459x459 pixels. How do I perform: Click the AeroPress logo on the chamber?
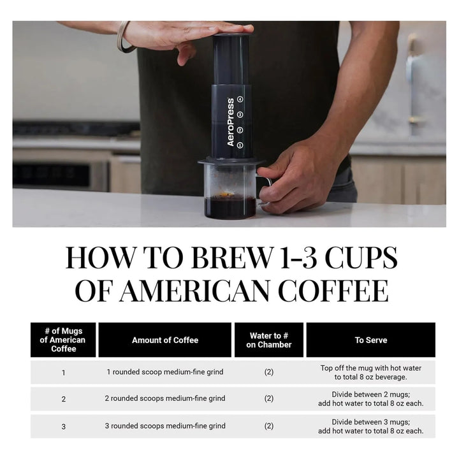click(231, 122)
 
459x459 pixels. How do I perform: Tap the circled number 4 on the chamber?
click(240, 99)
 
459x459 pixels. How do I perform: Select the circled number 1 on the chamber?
click(240, 145)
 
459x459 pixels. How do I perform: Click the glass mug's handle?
click(266, 190)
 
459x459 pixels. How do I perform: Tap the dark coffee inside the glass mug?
click(230, 207)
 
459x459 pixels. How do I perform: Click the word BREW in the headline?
click(231, 258)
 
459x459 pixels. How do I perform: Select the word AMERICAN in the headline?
click(194, 291)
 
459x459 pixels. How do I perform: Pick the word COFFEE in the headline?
click(333, 291)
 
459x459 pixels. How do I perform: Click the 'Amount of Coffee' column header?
click(165, 340)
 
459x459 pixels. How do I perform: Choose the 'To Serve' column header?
click(371, 340)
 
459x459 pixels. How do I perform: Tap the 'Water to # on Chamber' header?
click(269, 340)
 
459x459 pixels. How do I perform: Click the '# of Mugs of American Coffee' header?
click(63, 340)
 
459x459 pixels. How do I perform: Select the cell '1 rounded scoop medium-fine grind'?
click(165, 372)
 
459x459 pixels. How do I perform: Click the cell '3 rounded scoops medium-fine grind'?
click(165, 426)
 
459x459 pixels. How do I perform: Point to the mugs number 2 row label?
click(64, 399)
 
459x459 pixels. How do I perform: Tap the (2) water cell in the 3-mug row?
click(269, 426)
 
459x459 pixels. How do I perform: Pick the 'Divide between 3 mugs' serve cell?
click(371, 426)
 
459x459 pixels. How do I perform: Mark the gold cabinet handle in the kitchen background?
click(413, 79)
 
